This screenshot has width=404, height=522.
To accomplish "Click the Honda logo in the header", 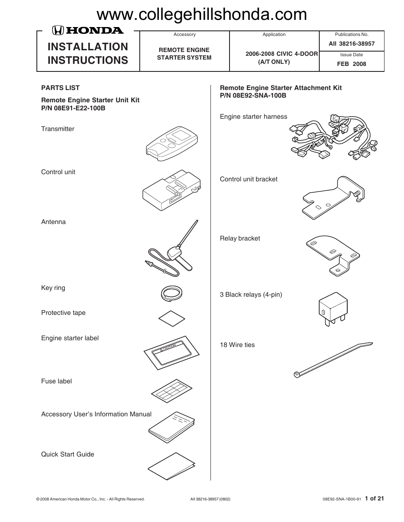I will [88, 30].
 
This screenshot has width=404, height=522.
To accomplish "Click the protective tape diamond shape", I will [172, 318].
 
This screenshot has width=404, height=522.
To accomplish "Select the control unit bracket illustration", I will [333, 198].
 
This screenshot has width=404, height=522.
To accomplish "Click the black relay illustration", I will [333, 309].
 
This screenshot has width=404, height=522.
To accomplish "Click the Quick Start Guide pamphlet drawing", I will [172, 467].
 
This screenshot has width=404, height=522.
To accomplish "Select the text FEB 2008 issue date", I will [351, 64].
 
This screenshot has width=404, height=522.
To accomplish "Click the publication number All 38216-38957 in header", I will [351, 44].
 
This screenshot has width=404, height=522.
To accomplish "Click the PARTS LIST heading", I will [60, 88].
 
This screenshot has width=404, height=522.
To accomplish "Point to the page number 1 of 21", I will [374, 498].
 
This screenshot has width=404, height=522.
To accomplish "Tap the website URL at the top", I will [202, 15].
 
